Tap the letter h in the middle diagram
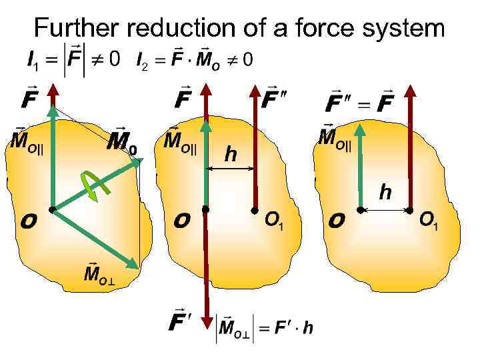tap(231, 155)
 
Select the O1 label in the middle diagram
tap(275, 219)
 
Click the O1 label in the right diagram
tap(429, 221)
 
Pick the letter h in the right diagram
tap(385, 193)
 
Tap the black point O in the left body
tap(51, 209)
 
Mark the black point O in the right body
tap(359, 210)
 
